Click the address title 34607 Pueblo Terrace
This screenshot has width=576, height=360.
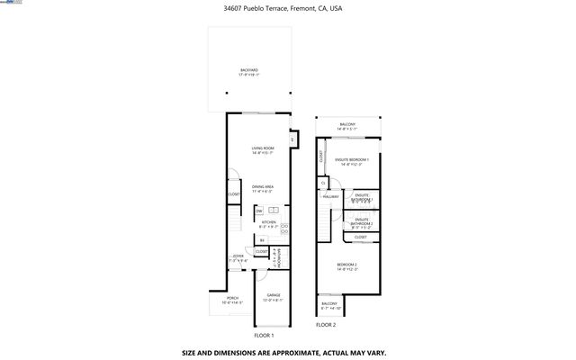pos(283,9)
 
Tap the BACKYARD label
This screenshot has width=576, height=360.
pos(248,72)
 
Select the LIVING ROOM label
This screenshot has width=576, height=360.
pos(262,150)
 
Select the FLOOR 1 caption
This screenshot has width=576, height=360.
pos(264,335)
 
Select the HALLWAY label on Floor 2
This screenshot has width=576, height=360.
pos(330,195)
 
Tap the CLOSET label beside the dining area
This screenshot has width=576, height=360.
pos(233,194)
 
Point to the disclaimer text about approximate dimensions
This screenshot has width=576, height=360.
pos(287,352)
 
